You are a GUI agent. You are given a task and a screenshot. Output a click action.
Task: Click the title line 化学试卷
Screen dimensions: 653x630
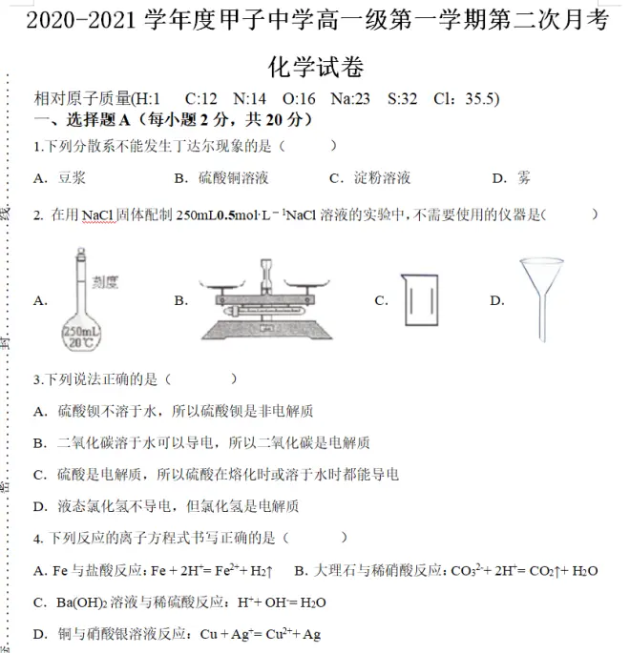click(x=316, y=67)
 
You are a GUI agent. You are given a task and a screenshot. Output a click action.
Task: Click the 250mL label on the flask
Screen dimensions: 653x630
click(x=79, y=331)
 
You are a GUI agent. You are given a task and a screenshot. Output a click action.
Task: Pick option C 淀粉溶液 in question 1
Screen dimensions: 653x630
click(x=382, y=178)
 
